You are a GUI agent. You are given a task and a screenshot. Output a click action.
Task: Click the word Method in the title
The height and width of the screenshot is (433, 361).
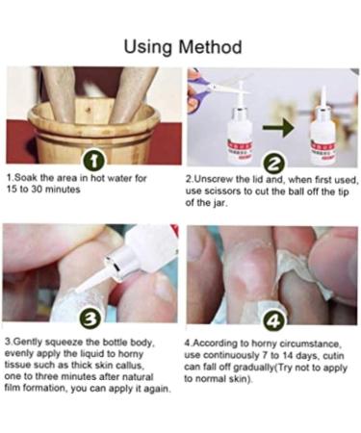pyautogui.click(x=210, y=47)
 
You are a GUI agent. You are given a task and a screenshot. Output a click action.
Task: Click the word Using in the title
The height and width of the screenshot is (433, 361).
pyautogui.click(x=148, y=47)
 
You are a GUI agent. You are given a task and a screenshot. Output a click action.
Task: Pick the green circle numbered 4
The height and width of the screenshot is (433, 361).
pyautogui.click(x=274, y=321)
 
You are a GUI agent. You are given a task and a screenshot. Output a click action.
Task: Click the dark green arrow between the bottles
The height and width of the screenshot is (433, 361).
pyautogui.click(x=278, y=128)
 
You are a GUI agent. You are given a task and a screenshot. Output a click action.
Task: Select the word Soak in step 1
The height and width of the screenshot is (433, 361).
pyautogui.click(x=27, y=178)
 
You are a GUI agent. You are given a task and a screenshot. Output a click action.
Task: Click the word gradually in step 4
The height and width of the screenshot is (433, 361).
pyautogui.click(x=250, y=368)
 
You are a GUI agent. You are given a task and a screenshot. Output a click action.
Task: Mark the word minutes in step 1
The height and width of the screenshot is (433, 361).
pyautogui.click(x=63, y=190)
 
